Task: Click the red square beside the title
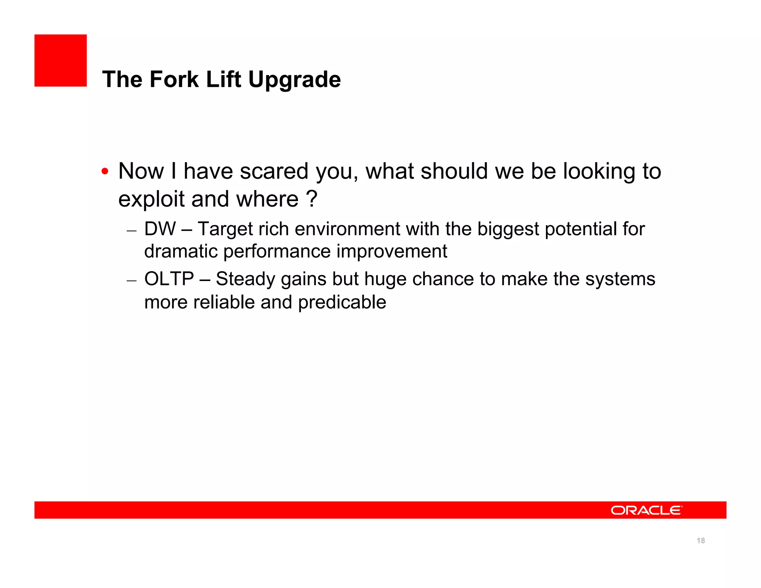point(61,61)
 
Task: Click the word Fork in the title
point(174,80)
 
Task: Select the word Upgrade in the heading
point(294,80)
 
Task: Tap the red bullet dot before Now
point(105,172)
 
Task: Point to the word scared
point(274,171)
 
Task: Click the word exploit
point(151,199)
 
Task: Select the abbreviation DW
point(160,229)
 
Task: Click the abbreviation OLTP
point(169,279)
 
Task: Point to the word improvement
point(392,252)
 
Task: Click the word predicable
point(342,303)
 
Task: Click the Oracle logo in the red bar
point(646,510)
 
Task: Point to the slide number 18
point(701,541)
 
